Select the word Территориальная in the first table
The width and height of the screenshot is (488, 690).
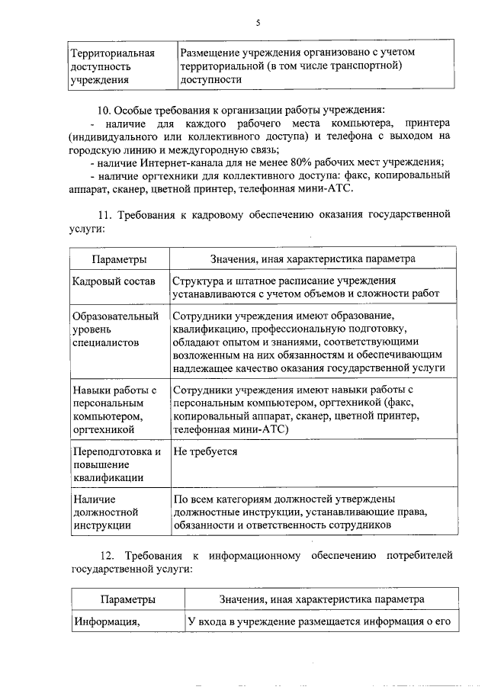pos(112,53)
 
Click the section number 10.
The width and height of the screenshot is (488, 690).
pos(103,108)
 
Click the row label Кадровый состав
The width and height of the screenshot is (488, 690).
pos(114,282)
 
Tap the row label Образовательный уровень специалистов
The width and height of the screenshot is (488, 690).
pos(115,329)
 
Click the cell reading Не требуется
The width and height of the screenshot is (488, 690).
pos(205,451)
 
